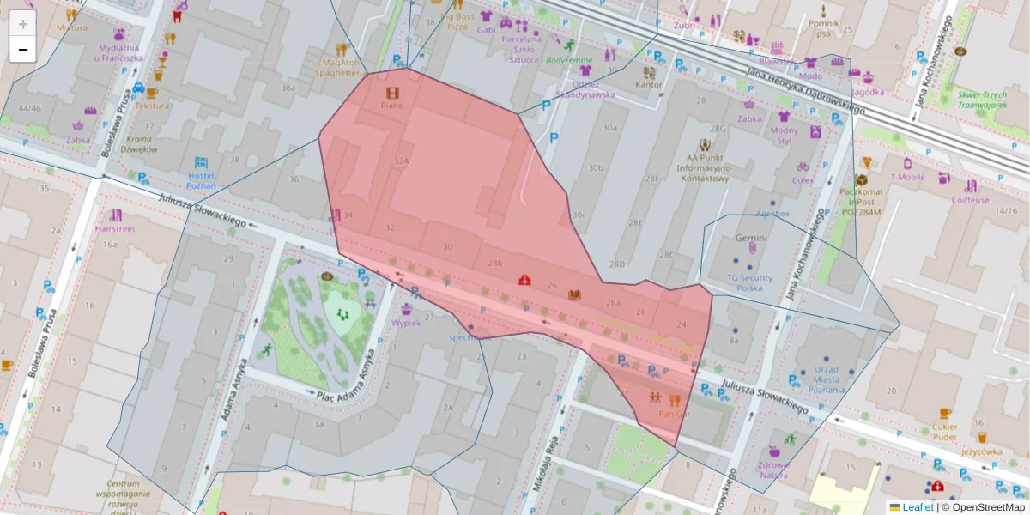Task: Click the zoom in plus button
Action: pos(23,24)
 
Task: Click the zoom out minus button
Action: pos(23,50)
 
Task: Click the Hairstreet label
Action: pos(115,229)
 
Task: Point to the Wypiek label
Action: pos(406,323)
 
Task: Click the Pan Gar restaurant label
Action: pos(674,414)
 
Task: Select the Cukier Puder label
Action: pos(944,432)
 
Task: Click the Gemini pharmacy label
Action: pos(751,238)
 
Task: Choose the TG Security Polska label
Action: pos(750,282)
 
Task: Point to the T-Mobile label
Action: pos(907,177)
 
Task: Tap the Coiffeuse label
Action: pos(970,199)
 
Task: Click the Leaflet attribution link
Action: pos(917,507)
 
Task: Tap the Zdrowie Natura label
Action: pos(773,470)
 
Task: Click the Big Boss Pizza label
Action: pos(457,21)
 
